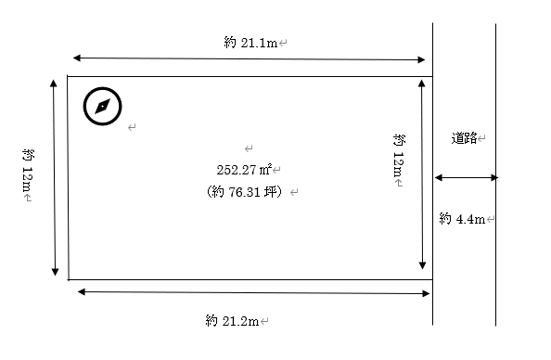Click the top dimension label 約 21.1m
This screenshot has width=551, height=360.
click(250, 43)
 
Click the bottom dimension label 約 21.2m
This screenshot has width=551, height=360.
click(232, 321)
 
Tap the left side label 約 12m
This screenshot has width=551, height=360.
click(28, 170)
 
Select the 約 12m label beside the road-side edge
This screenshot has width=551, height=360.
click(399, 156)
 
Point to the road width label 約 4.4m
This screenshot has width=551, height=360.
click(462, 219)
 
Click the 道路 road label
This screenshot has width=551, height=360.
click(464, 138)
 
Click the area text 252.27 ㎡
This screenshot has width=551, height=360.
click(244, 170)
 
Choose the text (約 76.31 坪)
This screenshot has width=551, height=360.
click(245, 192)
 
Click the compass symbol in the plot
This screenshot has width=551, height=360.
click(103, 106)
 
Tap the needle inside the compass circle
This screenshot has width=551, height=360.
click(103, 106)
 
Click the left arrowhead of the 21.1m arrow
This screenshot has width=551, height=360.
click(77, 58)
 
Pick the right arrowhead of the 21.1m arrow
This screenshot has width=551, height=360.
click(421, 59)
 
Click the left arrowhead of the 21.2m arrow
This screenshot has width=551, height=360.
click(82, 291)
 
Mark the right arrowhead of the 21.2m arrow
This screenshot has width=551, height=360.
click(426, 293)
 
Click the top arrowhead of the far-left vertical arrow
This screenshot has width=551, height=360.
click(54, 84)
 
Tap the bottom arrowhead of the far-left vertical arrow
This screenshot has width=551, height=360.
click(55, 272)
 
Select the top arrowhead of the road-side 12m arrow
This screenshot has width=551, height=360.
click(422, 84)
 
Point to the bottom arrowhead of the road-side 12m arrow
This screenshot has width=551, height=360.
click(423, 265)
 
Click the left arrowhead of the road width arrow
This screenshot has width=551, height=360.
click(439, 177)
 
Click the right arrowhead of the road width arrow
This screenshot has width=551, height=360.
click(494, 177)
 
